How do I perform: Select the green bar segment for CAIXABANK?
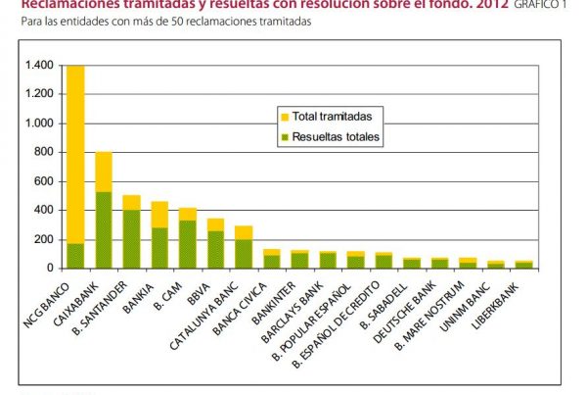point(103,229)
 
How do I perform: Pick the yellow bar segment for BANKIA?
point(158,214)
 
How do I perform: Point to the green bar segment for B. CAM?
point(187,244)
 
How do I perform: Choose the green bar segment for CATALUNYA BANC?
point(243,253)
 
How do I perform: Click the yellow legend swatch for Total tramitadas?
point(285,117)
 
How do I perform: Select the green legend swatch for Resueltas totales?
point(285,137)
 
